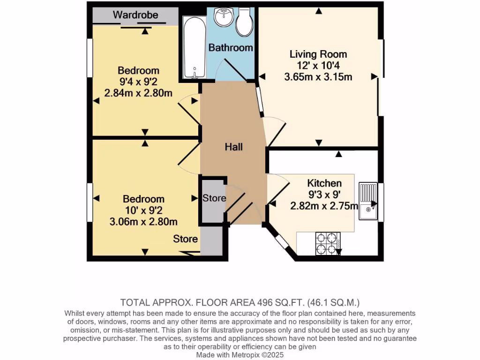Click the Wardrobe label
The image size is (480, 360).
[135, 15]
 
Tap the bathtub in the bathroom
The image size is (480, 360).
[193, 47]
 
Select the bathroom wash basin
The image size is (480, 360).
[224, 18]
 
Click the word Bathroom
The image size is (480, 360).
[231, 48]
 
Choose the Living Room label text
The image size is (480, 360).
[318, 54]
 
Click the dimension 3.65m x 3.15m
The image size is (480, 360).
[318, 77]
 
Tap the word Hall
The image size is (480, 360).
[233, 147]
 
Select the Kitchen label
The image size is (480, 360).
[324, 183]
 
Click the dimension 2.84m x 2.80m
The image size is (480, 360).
[138, 93]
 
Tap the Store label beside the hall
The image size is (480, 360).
[214, 198]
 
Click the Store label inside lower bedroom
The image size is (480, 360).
[186, 239]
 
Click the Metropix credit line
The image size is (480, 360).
[240, 355]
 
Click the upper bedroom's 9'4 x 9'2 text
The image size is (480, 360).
[138, 82]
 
